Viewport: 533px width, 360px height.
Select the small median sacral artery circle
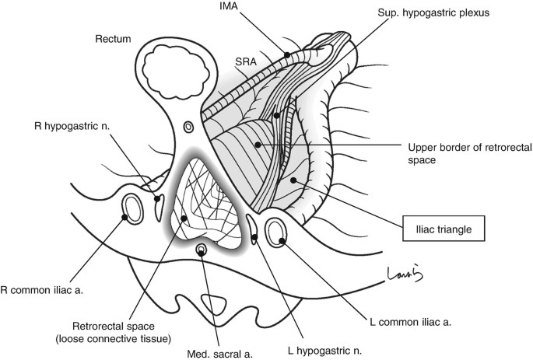(202, 250)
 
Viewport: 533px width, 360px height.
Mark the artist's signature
(401, 273)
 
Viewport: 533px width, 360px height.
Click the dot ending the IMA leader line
(287, 54)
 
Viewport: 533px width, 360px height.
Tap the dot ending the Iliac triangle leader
(294, 180)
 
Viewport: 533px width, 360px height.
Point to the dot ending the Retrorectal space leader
(184, 218)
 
